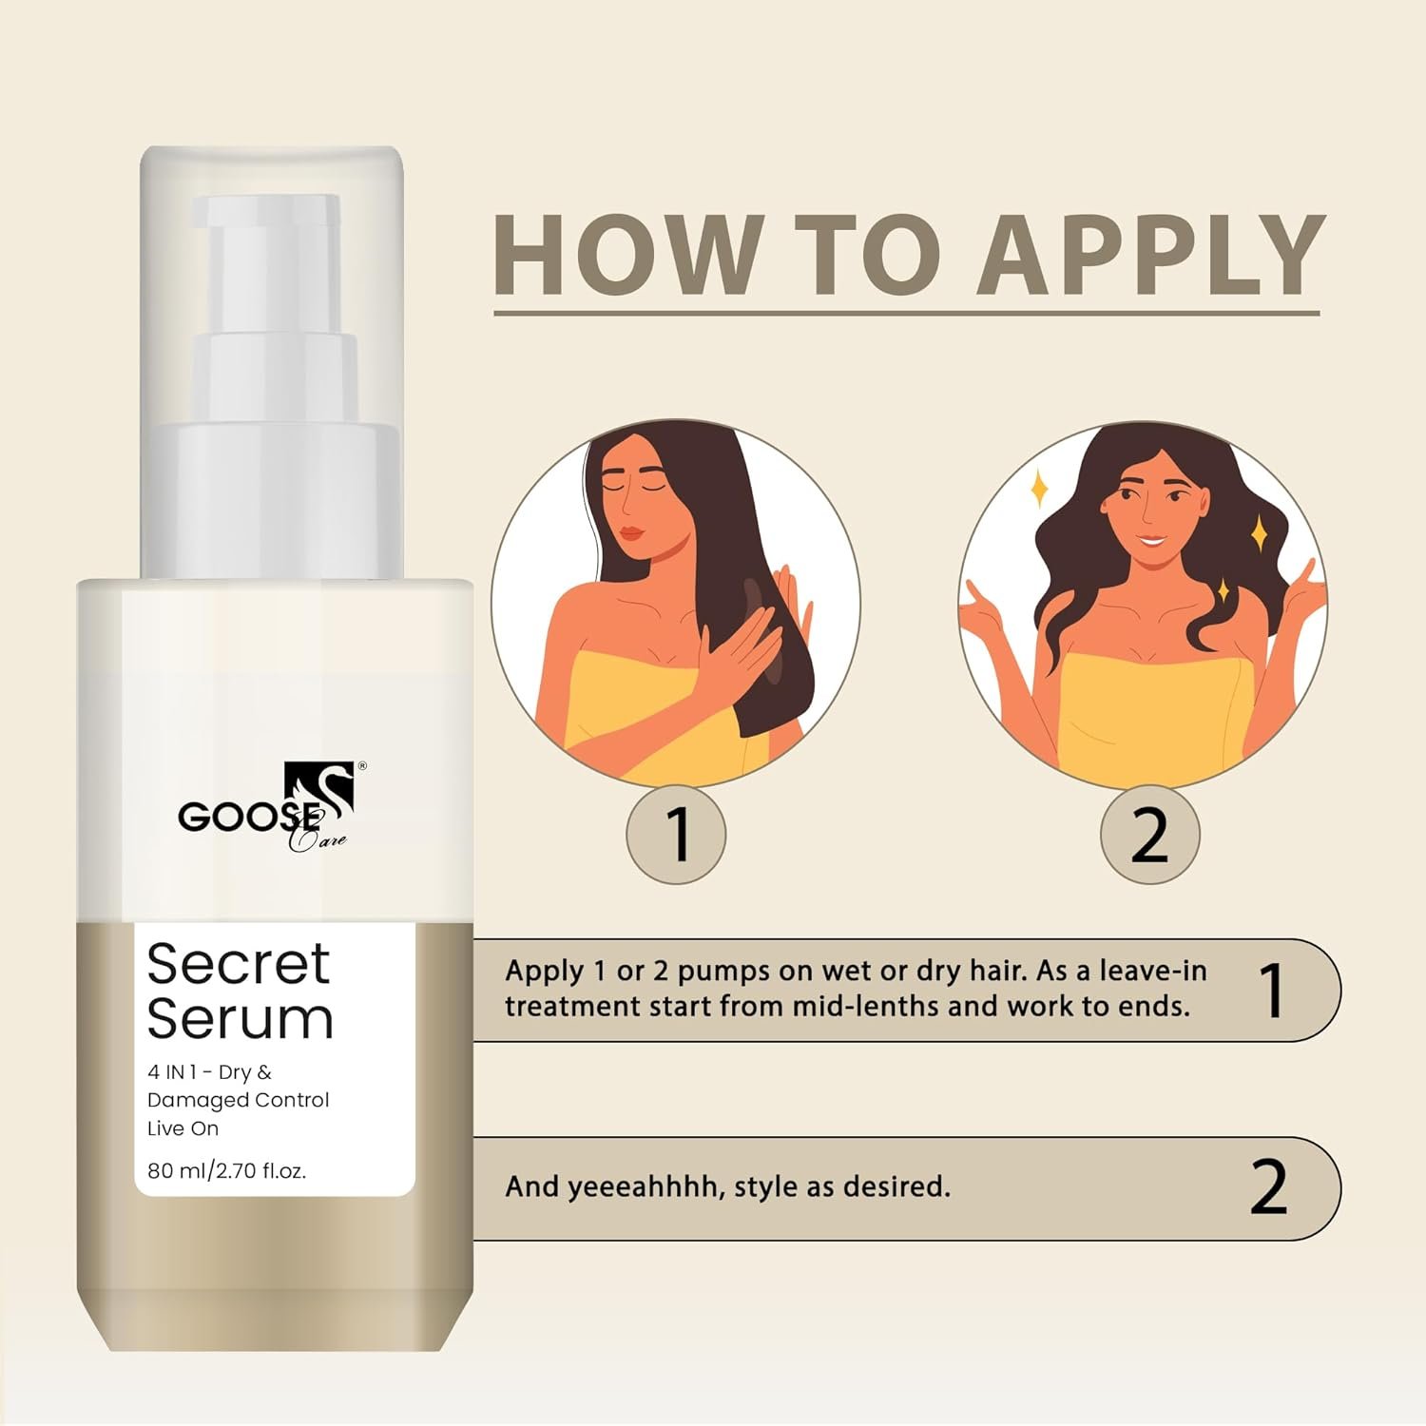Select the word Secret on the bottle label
[x=239, y=964]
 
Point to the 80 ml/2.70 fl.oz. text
[x=226, y=1171]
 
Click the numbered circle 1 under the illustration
[x=676, y=835]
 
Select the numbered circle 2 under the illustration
[x=1150, y=835]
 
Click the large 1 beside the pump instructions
[x=1271, y=990]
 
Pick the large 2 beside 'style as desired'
[x=1269, y=1187]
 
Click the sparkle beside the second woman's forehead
[x=1040, y=489]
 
